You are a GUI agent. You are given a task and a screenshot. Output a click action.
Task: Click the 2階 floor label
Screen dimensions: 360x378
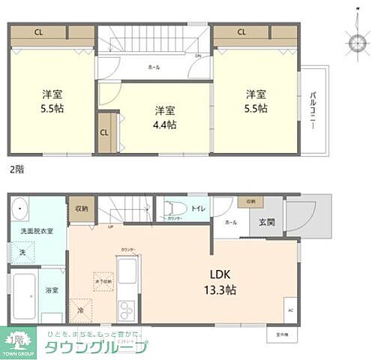16,169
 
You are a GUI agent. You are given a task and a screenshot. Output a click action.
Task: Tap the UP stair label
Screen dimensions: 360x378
111,226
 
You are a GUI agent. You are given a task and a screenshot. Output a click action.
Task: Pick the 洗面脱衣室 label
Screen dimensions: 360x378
36,231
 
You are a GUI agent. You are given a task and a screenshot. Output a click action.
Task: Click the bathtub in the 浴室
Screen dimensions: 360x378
24,294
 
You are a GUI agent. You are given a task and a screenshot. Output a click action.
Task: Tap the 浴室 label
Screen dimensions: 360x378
52,289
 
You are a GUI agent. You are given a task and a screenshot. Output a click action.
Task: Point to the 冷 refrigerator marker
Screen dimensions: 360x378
80,308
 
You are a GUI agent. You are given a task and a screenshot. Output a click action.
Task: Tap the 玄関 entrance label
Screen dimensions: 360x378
268,221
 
